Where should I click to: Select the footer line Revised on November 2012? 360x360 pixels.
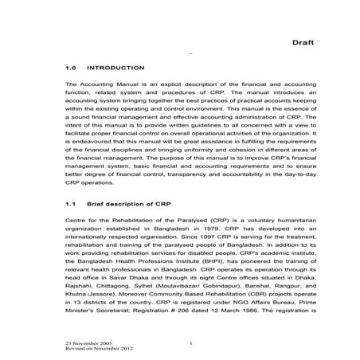93,349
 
